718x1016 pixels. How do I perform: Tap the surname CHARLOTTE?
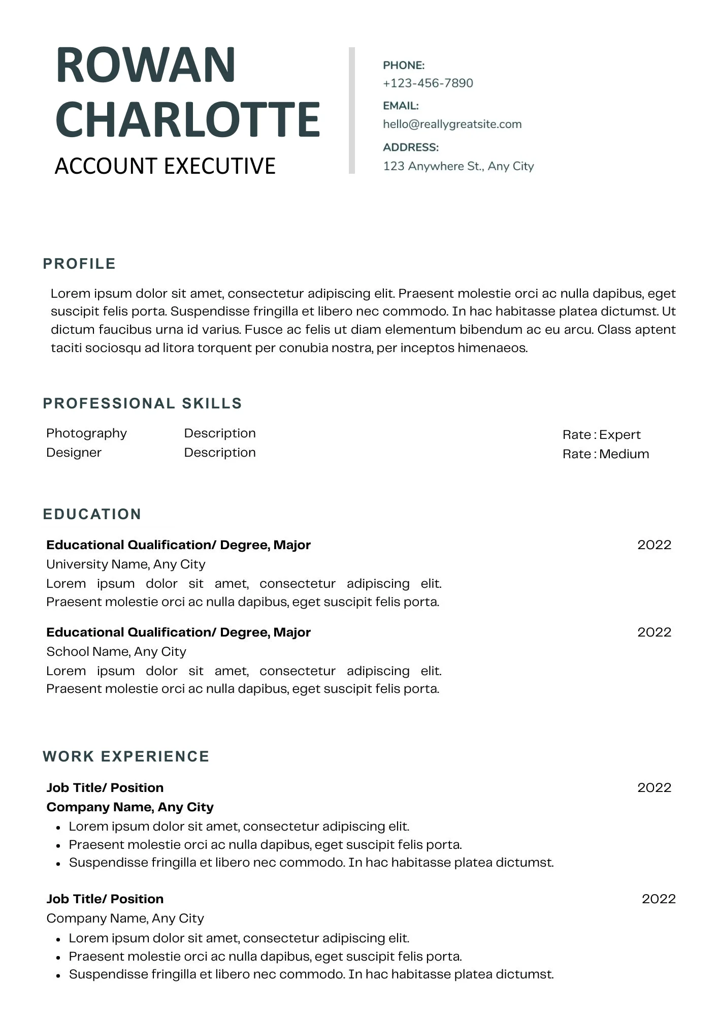pos(187,119)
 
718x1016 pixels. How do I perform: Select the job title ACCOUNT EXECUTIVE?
pos(165,166)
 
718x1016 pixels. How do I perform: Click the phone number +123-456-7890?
pos(428,83)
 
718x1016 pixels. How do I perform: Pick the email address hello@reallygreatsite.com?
pos(452,124)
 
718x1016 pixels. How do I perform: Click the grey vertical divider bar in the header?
pos(351,111)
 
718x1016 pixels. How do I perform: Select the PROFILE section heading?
pos(79,264)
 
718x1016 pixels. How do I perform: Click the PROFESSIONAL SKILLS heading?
pos(142,403)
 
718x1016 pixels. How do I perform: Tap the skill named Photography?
pos(86,433)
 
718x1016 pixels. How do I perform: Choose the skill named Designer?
pos(74,453)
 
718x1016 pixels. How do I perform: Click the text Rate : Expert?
pos(601,435)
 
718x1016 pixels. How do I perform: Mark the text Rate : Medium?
pos(605,454)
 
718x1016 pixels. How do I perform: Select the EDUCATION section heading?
pos(92,514)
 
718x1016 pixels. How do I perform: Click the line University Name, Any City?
pos(125,564)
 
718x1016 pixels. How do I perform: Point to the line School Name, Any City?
pos(116,652)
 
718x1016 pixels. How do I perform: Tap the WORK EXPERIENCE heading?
pos(126,756)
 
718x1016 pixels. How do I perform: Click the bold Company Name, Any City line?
pos(129,807)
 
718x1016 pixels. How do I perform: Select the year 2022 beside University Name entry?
pos(654,545)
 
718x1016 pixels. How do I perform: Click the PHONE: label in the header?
pos(404,66)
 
